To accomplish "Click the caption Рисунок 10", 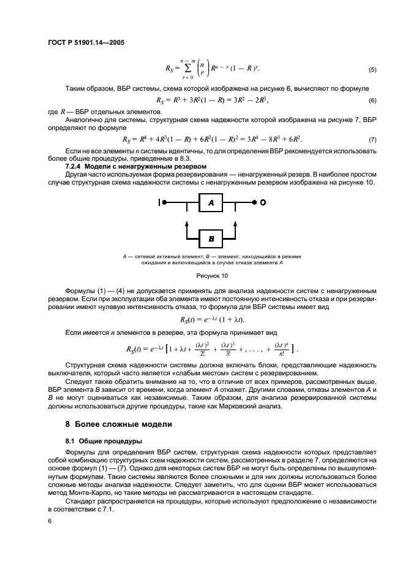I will click(210, 275).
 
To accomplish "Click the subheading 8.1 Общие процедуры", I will click(95, 441).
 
